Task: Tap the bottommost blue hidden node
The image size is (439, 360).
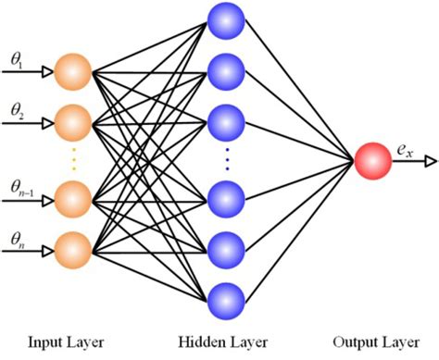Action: click(x=227, y=300)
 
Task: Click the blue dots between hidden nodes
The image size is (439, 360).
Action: click(x=227, y=160)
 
